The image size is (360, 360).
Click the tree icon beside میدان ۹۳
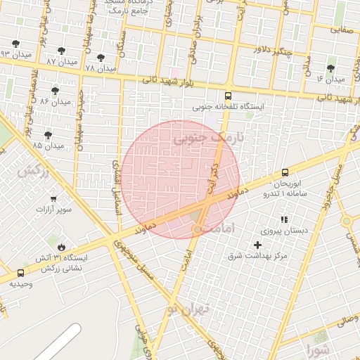click(x=15, y=44)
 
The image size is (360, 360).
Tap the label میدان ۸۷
click(x=60, y=62)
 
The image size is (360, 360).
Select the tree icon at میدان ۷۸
click(x=100, y=58)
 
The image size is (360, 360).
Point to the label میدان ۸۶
click(x=56, y=101)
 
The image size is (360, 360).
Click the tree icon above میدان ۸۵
click(x=48, y=135)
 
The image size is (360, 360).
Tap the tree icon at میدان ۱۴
click(x=330, y=68)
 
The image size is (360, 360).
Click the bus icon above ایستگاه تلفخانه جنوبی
click(x=228, y=96)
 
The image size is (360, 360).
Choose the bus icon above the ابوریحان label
click(x=285, y=172)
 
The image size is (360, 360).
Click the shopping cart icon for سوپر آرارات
click(x=53, y=199)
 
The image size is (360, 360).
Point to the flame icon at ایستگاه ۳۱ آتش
click(x=63, y=247)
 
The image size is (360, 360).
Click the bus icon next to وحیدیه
click(x=20, y=273)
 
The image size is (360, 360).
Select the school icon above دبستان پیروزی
click(x=285, y=220)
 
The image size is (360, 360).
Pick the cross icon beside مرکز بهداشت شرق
click(x=257, y=245)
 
